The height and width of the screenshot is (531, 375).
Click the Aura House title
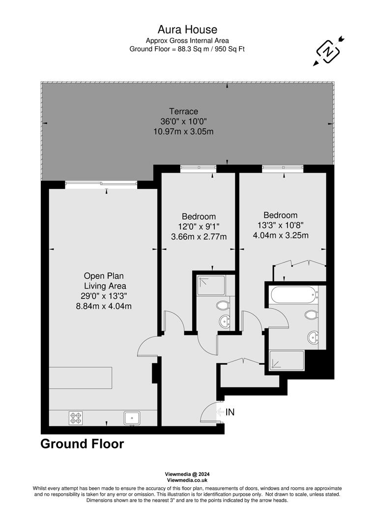tap(187, 30)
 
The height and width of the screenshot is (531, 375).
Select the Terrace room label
tap(183, 111)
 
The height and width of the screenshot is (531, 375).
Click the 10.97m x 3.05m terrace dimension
tap(183, 131)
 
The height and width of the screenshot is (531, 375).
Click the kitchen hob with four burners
tap(76, 418)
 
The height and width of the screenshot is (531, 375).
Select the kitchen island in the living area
tap(81, 378)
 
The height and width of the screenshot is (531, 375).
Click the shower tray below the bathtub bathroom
tap(286, 361)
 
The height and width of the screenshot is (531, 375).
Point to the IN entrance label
tap(230, 412)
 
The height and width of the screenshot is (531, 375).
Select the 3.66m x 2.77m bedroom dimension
tap(199, 237)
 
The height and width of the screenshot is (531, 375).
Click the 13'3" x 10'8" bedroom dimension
tap(280, 225)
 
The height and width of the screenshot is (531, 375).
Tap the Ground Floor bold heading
tap(82, 444)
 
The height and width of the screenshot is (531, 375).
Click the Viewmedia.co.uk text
tap(187, 480)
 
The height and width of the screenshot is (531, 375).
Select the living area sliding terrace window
tap(101, 185)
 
